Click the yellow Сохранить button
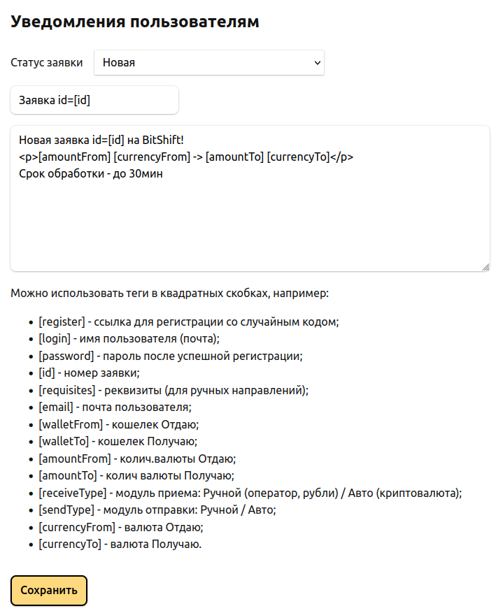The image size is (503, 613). [48, 590]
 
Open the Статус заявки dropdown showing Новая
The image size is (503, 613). [208, 62]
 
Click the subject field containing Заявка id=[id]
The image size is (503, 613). [94, 100]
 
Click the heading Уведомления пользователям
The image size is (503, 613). [135, 22]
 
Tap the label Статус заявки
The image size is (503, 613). [47, 62]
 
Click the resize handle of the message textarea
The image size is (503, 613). [485, 266]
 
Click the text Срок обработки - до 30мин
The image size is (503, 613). [91, 173]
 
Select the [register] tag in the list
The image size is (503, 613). [62, 322]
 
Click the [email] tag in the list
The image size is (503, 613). [55, 407]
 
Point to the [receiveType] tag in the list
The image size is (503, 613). [73, 492]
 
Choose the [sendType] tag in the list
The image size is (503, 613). [67, 510]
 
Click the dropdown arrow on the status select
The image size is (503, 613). [318, 62]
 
